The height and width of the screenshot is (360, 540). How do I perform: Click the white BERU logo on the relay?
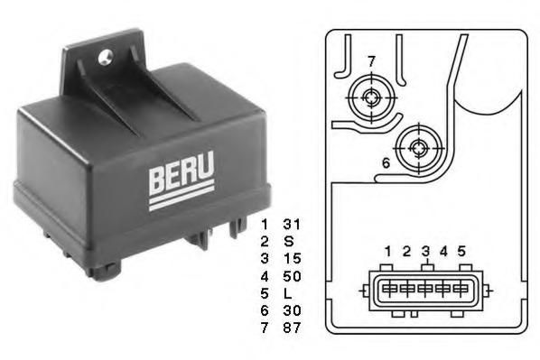pos(182,180)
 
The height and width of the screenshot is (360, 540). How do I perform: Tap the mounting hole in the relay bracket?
pos(105,57)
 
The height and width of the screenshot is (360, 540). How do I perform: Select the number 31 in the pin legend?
pos(292,225)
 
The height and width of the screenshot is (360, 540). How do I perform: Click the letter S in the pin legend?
pos(289,241)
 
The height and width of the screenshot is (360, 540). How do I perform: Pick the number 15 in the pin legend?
pos(292,258)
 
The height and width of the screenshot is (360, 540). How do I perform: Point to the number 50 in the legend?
pos(292,276)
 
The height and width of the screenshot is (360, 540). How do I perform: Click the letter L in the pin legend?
pos(287,293)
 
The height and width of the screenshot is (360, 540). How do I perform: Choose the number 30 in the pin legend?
pos(292,310)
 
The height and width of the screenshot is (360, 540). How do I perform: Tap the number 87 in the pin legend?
pos(292,328)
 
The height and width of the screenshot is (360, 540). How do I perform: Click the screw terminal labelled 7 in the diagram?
pos(371,97)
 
